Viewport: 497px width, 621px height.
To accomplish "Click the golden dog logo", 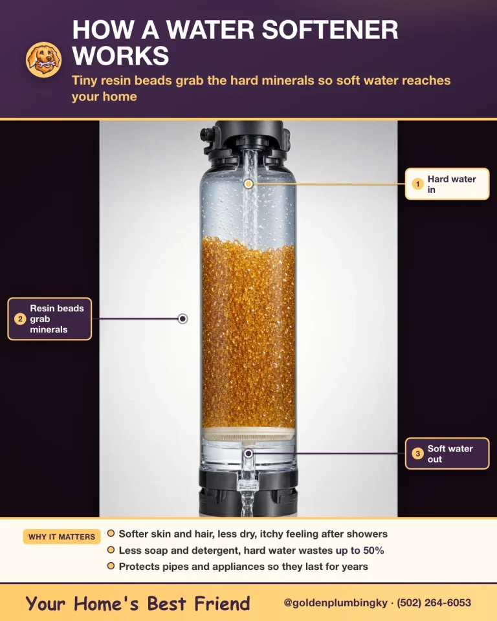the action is pos(43,60).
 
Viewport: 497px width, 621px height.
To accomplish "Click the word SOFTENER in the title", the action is pos(330,30).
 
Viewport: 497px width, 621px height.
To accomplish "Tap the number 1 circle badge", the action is pos(417,184).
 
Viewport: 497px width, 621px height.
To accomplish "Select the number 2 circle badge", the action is pos(20,319).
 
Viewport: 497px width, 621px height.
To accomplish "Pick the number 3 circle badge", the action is pos(417,453).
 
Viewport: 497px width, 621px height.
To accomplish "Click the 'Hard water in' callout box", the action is pos(447,184).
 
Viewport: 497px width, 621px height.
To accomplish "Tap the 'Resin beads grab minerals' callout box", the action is pos(50,319).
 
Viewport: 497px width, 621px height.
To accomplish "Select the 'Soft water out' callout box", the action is pos(447,453).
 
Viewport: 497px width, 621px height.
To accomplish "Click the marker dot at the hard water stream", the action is pos(248,184).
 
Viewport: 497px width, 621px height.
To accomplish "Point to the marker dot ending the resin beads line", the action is pos(182,318).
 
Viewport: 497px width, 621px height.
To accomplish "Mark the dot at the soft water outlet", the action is pos(248,453).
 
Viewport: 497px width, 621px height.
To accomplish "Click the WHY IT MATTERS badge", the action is pos(62,537).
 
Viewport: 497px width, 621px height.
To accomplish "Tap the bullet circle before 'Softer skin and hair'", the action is pos(111,534).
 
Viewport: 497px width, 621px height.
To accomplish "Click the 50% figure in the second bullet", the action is pos(373,550).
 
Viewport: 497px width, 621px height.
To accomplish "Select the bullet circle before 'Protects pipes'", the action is pos(111,566).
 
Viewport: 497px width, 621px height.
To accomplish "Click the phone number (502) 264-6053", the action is pos(434,603).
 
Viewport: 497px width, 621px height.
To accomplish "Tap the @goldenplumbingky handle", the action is pos(335,603).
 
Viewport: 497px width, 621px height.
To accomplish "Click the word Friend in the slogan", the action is pos(222,604).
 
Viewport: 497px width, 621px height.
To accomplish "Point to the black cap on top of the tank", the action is pos(248,140).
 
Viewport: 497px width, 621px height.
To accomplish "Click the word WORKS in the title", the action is pos(120,56).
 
